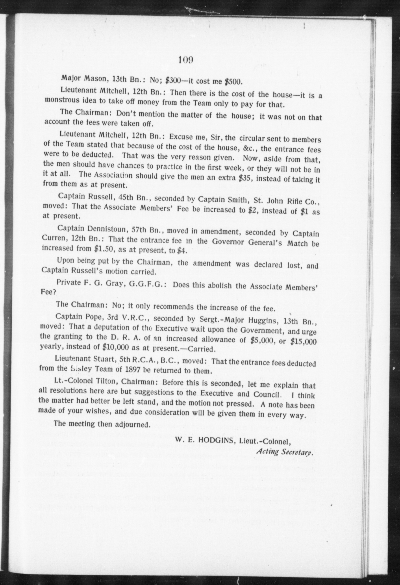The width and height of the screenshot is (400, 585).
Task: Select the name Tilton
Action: [105, 381]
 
